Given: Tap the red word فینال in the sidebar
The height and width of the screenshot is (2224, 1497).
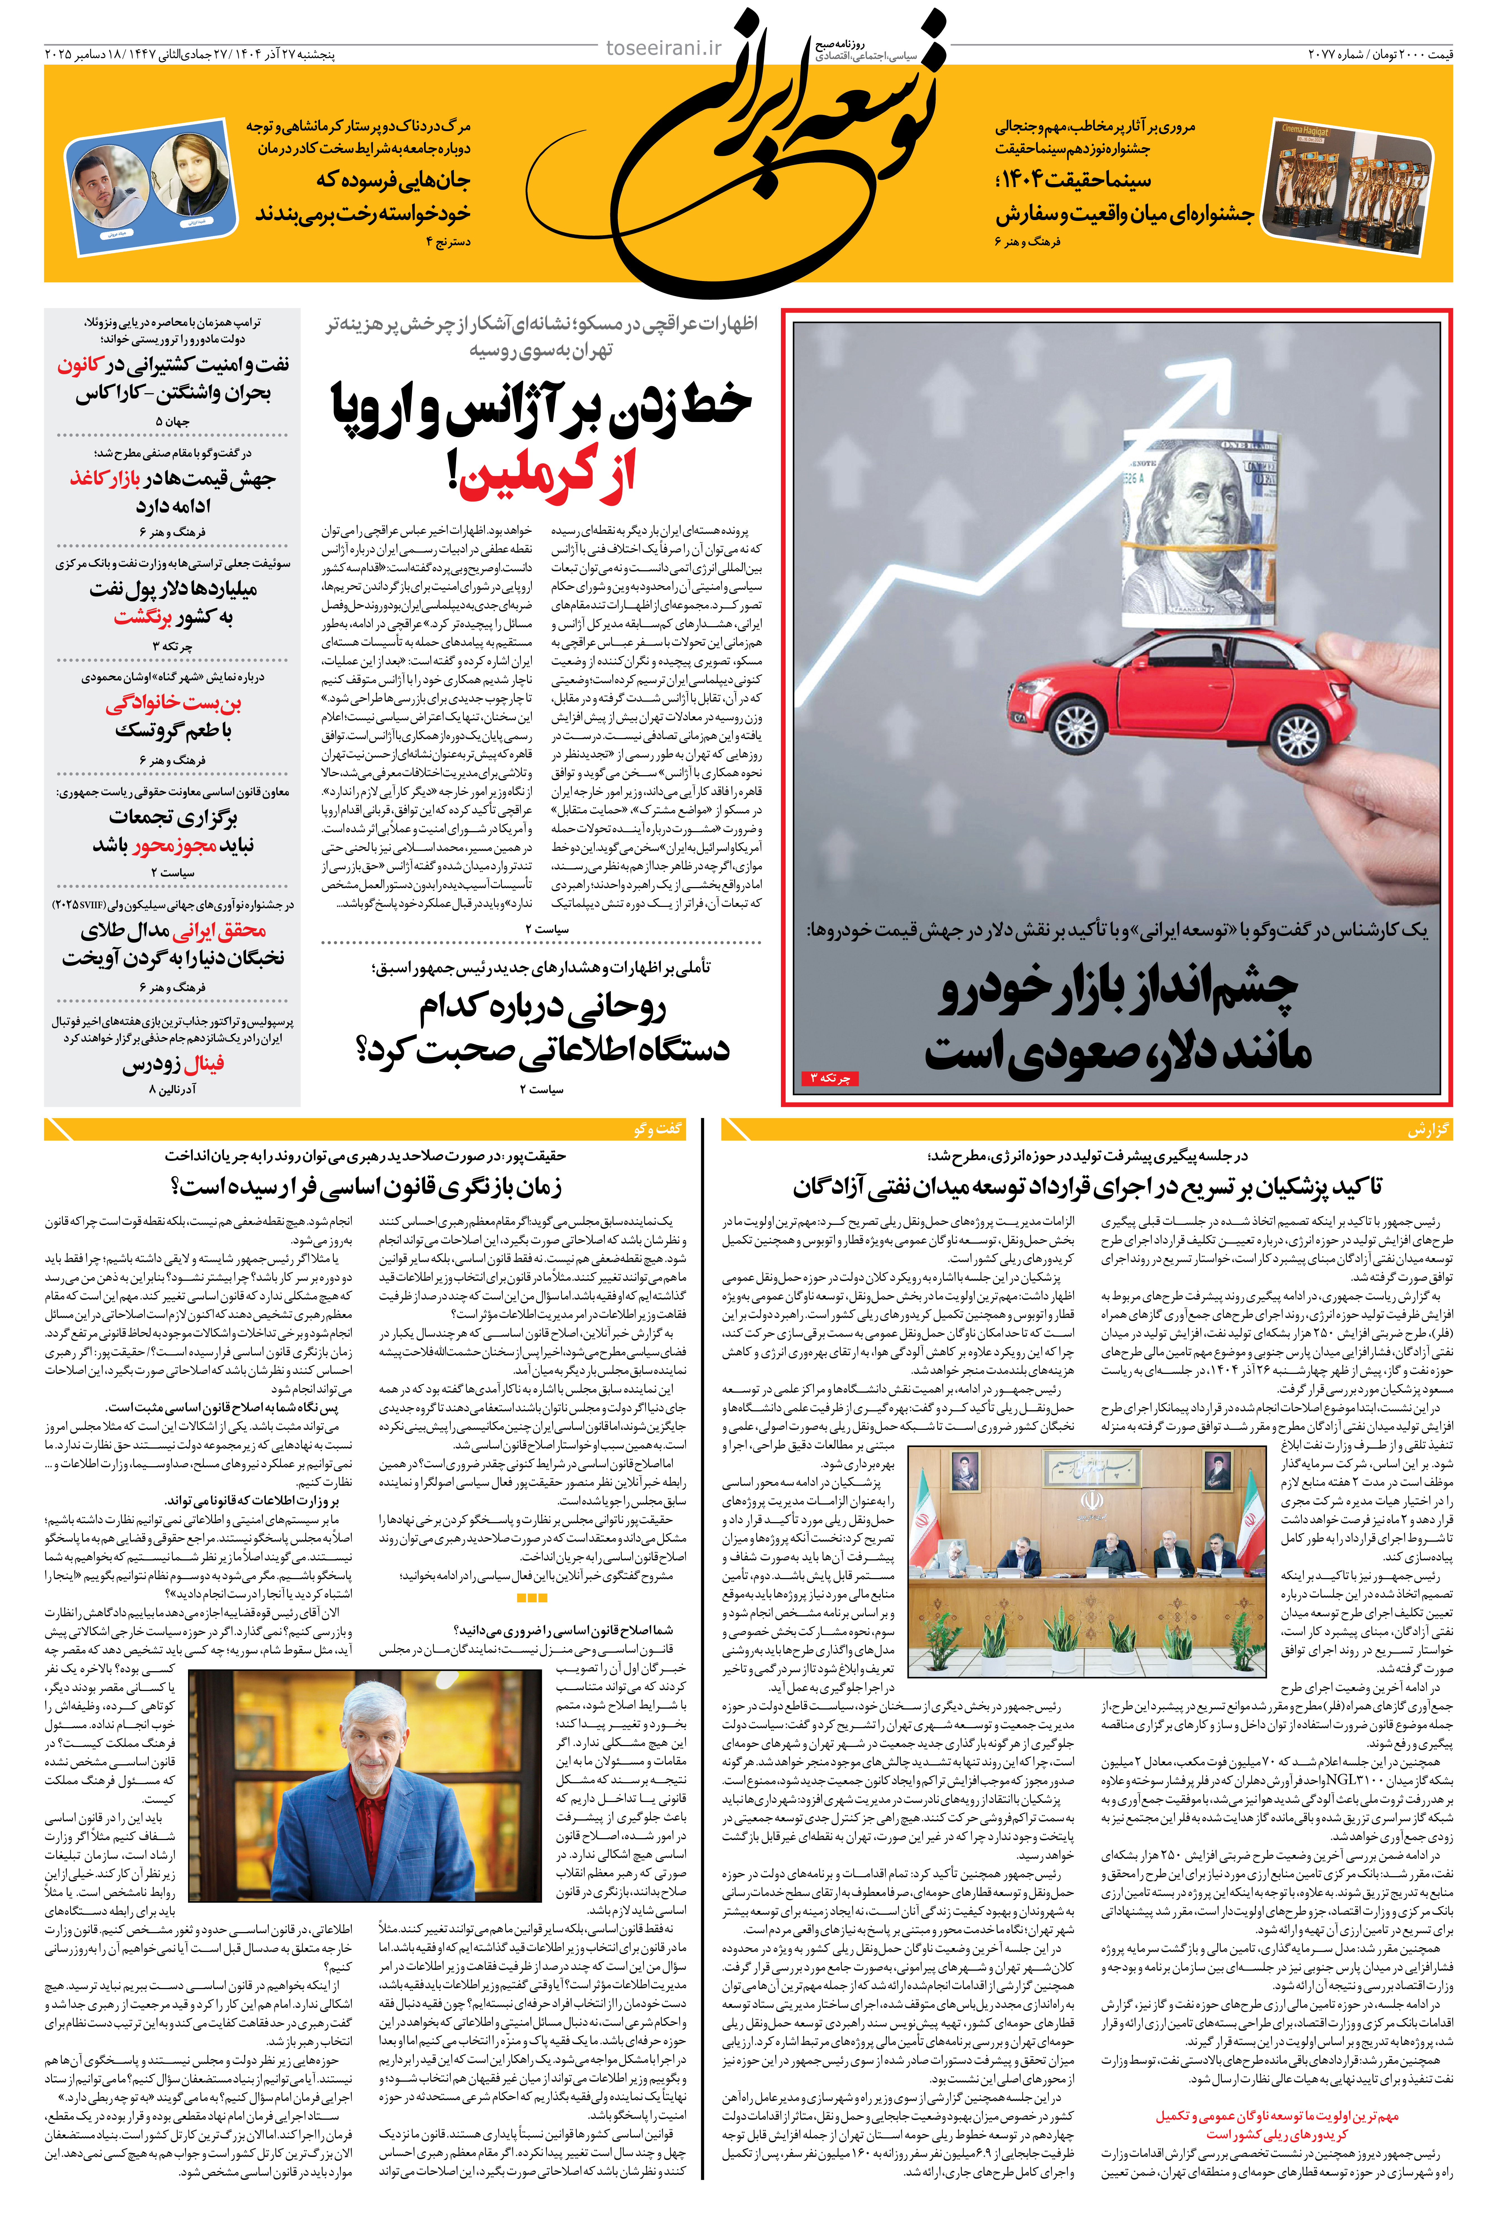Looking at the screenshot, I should click(x=203, y=1064).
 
